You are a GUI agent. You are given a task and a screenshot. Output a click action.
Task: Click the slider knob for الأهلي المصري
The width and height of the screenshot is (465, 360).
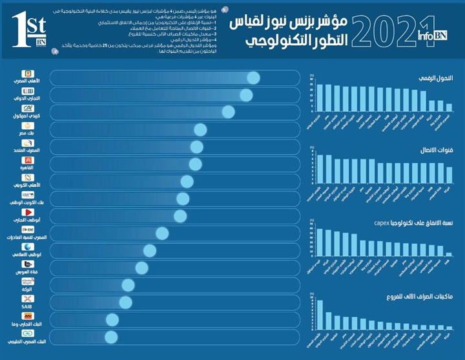click(253, 78)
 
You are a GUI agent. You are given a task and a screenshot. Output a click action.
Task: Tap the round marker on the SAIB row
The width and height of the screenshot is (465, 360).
click(125, 302)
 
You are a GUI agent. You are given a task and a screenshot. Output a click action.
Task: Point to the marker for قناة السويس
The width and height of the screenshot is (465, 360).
click(141, 268)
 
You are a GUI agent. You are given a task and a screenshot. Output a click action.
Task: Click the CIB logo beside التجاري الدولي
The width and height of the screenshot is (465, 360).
click(28, 91)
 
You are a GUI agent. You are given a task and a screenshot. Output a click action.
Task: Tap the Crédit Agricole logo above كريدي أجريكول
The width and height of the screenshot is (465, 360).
click(28, 109)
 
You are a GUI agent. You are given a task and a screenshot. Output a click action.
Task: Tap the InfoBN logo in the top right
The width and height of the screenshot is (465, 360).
click(433, 37)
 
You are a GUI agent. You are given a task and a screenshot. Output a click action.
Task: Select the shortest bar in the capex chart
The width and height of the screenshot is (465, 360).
click(449, 255)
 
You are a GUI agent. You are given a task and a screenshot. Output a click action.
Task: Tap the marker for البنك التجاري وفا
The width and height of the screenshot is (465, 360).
click(112, 319)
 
